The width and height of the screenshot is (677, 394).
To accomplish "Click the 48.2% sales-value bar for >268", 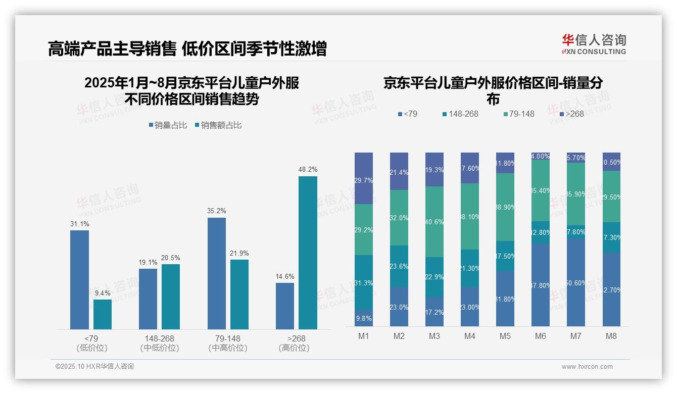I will click(x=308, y=253).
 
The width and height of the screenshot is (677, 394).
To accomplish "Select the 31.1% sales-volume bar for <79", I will click(x=79, y=280).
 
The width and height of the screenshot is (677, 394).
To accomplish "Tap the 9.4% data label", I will click(x=103, y=293).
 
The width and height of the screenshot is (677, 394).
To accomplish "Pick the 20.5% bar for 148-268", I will click(x=171, y=297).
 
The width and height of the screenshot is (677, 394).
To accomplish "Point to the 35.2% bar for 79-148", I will click(x=217, y=273).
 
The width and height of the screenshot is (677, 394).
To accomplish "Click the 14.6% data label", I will click(x=285, y=276).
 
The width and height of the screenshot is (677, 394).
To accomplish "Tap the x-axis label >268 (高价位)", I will click(x=294, y=343).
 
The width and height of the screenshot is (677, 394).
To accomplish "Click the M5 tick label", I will click(x=505, y=336).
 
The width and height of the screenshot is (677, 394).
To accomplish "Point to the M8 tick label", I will click(x=611, y=336).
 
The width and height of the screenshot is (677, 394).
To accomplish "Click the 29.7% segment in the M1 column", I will click(x=364, y=178).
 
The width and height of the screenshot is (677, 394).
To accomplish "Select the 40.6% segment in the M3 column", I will click(x=434, y=222).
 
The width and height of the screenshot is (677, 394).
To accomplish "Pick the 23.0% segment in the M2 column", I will click(x=399, y=307).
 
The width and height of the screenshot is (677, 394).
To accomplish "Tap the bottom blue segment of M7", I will click(x=576, y=282).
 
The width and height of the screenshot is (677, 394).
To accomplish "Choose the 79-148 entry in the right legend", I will click(x=518, y=114).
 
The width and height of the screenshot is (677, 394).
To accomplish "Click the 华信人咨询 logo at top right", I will click(x=594, y=44).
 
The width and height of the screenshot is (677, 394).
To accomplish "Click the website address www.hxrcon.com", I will click(x=587, y=367).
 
